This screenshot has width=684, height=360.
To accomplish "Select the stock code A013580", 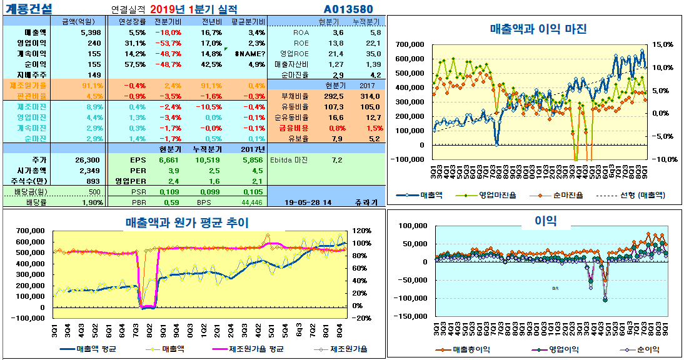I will (348, 9).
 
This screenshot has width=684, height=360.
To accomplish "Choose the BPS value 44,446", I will (251, 202).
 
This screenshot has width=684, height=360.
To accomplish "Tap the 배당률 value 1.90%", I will (91, 202).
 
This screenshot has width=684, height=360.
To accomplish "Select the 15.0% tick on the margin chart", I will (663, 44).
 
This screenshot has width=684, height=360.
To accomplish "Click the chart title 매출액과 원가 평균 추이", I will (187, 222).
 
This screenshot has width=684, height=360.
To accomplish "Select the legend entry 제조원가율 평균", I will (256, 349).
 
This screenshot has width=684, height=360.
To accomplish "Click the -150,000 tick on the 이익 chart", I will (407, 317).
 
